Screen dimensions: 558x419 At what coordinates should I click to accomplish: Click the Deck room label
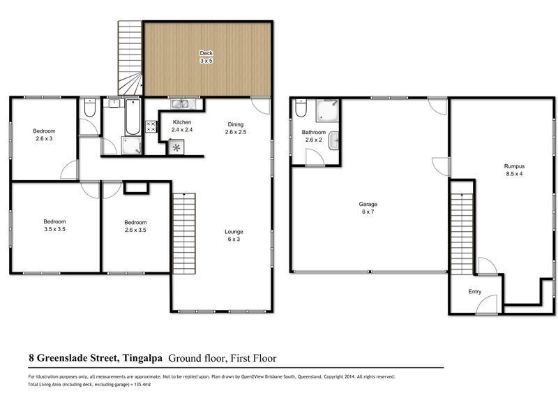coord(206,57)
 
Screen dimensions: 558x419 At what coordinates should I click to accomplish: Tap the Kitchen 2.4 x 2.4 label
coord(182,126)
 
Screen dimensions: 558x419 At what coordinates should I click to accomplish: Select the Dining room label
coord(236,128)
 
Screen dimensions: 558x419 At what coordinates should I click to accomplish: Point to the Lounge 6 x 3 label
coord(234,235)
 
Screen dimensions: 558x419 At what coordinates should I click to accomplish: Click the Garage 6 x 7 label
coord(368,207)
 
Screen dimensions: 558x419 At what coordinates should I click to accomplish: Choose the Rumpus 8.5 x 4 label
coord(514,170)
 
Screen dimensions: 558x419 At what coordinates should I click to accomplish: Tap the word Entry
coord(475,291)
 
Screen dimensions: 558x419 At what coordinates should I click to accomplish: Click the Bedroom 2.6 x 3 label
coord(44,135)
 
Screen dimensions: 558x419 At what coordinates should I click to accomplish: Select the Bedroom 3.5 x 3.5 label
coord(54,225)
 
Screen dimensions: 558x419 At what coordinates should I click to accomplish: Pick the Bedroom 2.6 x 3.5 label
coord(135,226)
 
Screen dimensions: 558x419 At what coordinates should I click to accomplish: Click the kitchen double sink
coord(183,103)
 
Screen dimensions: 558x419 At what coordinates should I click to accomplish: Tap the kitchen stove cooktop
coord(151,126)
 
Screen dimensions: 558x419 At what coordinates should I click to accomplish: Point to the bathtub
coord(133,117)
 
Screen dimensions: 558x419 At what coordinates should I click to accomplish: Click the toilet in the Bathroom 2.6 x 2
coord(301,108)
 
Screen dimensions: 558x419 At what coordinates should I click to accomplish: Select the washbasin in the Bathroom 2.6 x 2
coord(334,141)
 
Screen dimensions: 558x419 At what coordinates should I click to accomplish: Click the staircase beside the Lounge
coord(184,233)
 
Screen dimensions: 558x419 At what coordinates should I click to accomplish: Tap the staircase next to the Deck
coord(130,58)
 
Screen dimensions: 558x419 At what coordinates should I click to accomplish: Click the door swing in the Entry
coord(486,304)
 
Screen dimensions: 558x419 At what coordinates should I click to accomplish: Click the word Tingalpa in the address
coord(142,358)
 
